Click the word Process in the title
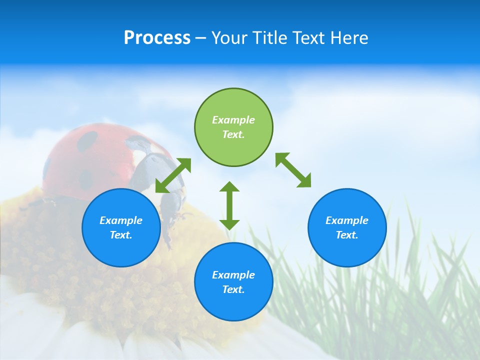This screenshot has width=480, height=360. [157, 38]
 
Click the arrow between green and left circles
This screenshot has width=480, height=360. [173, 175]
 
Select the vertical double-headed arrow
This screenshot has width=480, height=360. [229, 205]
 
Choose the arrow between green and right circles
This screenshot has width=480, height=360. [293, 170]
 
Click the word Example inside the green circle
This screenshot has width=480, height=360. [233, 120]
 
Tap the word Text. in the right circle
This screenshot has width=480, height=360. [347, 235]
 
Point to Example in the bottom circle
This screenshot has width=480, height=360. [233, 275]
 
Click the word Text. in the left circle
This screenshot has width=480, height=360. [121, 235]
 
